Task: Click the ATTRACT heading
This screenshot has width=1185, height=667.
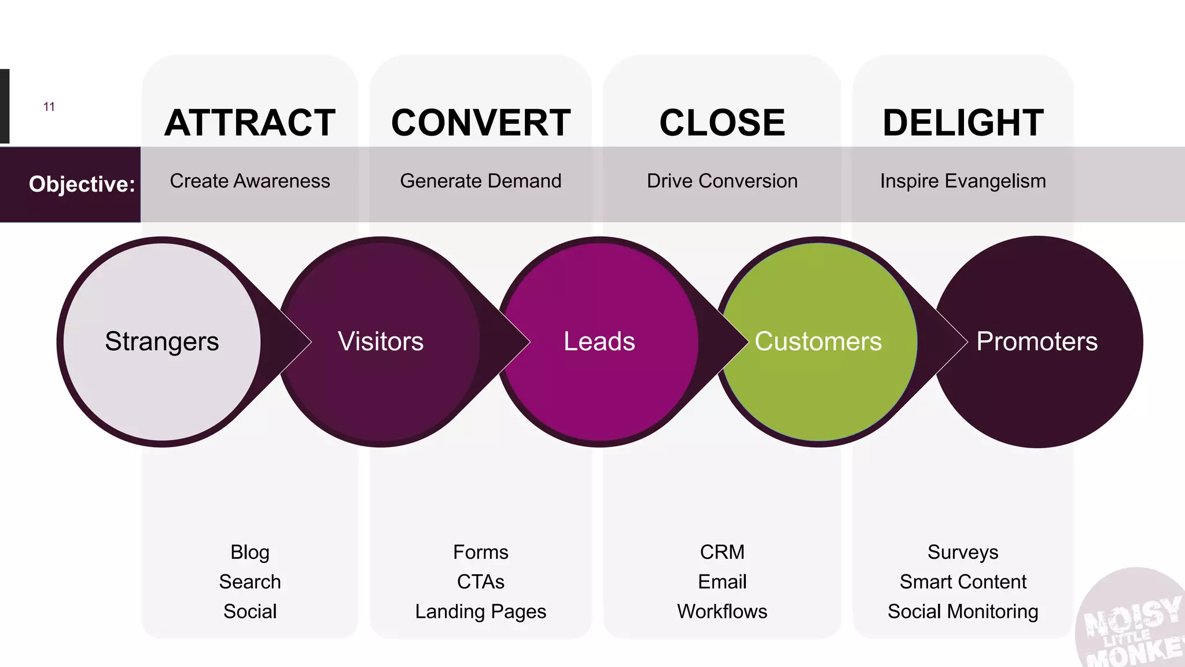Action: pos(250,123)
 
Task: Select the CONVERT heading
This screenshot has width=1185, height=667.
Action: pos(481,123)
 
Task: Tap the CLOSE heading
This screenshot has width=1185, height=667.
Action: pos(722,123)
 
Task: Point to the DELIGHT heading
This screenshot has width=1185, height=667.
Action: pos(963,123)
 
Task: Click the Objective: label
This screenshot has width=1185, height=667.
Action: pos(82,184)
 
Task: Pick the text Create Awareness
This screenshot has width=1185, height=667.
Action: pos(250,181)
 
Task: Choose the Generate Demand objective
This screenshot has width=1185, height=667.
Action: pos(481,181)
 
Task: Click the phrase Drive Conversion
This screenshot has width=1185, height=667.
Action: pos(722,181)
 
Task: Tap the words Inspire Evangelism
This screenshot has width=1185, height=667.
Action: pos(963,181)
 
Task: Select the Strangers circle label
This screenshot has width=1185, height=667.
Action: pos(162,342)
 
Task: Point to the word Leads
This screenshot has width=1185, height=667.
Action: pos(599,342)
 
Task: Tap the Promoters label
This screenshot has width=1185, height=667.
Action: pos(1037,342)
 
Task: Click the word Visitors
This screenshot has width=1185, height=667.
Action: pos(381,342)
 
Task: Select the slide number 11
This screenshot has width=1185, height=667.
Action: pos(49,107)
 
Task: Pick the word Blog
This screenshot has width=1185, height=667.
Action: pos(250,552)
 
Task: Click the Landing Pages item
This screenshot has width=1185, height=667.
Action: pos(481,611)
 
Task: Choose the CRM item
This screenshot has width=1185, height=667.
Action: pos(722,552)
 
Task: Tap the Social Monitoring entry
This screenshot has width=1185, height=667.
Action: pos(963,611)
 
